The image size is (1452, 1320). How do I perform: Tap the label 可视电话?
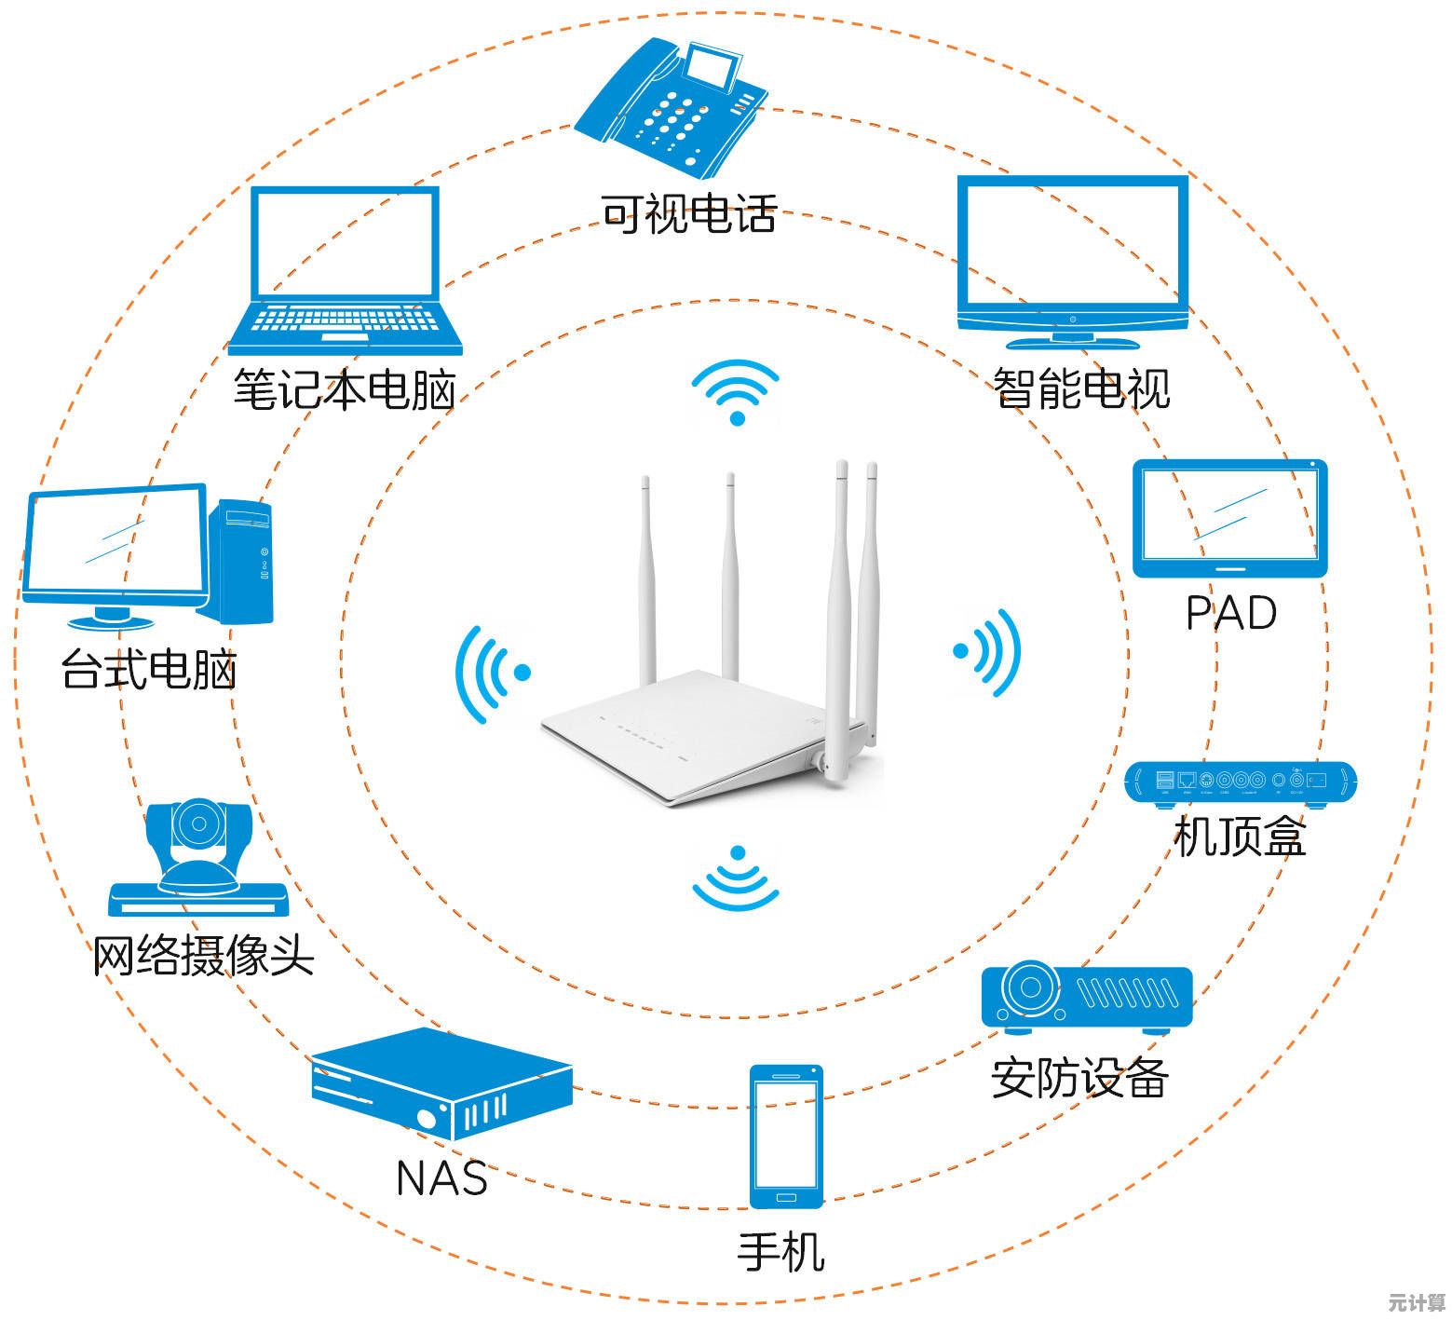[688, 213]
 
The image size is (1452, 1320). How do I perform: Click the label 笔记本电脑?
[344, 389]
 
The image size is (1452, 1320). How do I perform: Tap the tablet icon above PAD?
[1229, 518]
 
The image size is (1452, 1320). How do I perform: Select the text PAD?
[1230, 614]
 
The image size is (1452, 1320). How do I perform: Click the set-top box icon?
[1241, 782]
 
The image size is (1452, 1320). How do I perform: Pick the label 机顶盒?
[1240, 836]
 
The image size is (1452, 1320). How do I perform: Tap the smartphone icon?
[786, 1136]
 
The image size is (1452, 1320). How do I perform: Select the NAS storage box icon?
[441, 1082]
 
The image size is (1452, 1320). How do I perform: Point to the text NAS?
[441, 1177]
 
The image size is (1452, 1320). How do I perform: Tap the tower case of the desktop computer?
[242, 561]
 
